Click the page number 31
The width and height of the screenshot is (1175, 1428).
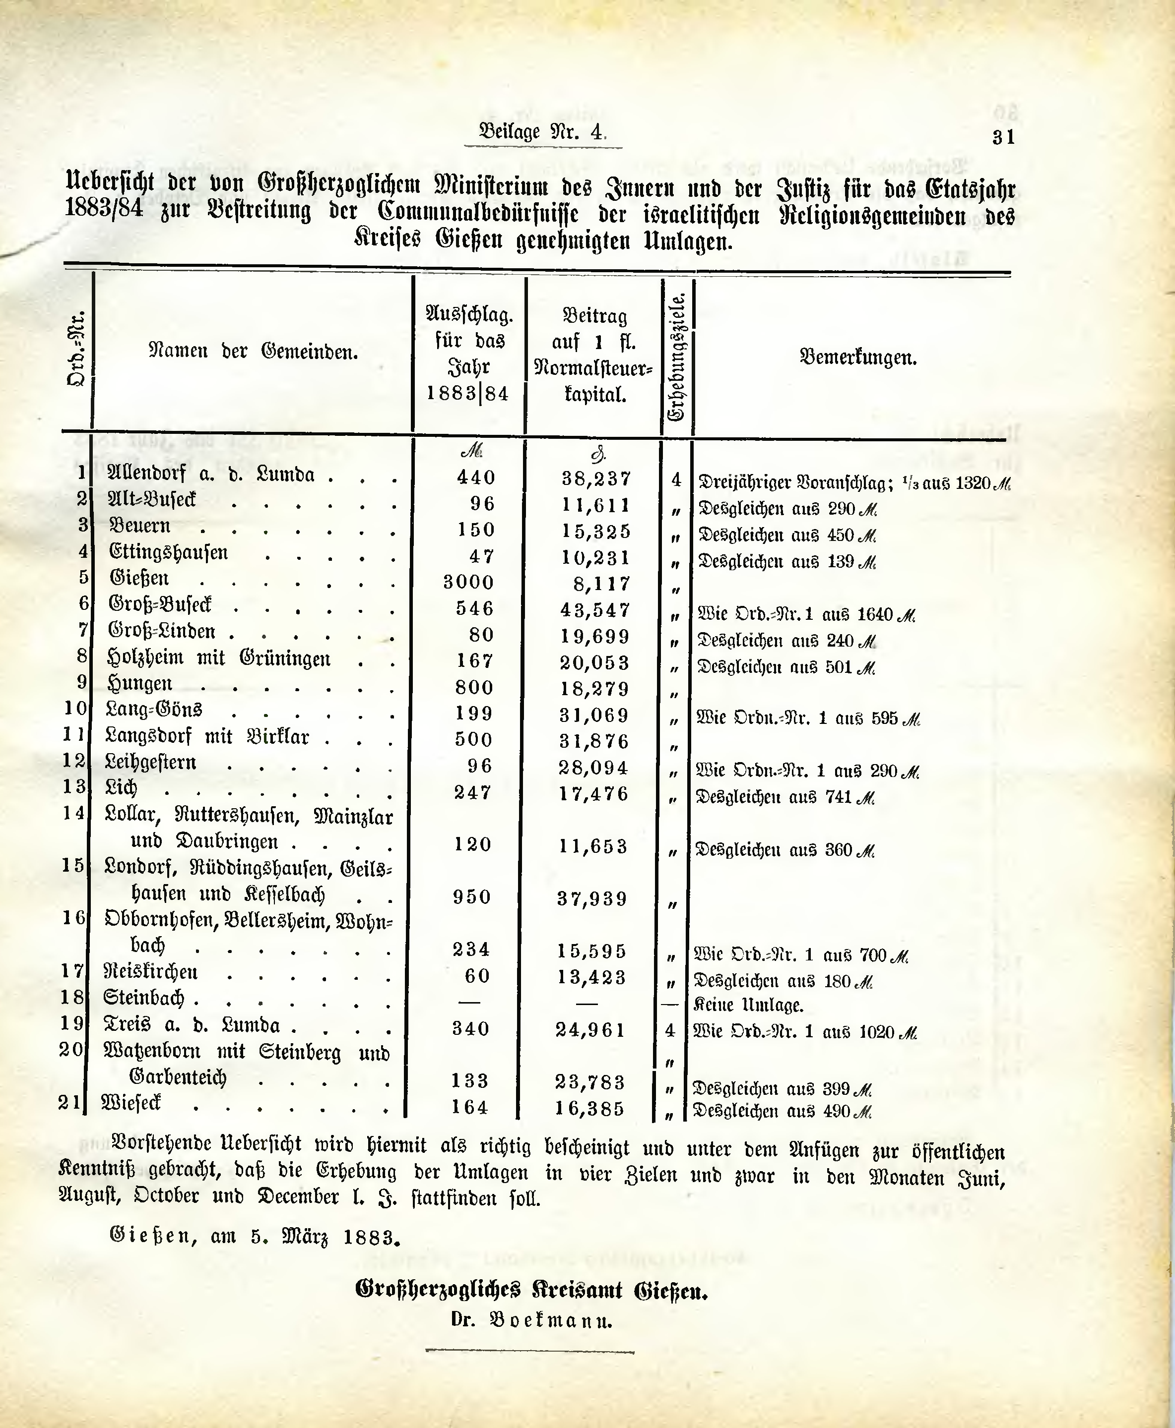coord(1003,137)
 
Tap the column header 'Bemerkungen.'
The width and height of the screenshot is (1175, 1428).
coord(857,357)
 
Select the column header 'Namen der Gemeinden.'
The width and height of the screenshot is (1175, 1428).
coord(253,351)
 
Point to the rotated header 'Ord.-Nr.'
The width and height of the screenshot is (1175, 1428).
coord(76,349)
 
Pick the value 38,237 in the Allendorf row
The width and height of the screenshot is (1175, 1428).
coord(596,478)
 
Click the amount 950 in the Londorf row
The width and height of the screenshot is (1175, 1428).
coord(472,897)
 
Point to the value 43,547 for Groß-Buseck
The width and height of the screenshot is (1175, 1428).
coord(595,609)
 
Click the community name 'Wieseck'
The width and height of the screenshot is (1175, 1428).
coord(131,1103)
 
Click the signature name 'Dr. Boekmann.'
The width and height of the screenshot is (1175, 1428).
coord(531,1339)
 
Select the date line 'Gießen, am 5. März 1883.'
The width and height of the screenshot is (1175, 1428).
coord(255,1237)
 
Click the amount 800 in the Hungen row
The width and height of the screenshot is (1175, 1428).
coord(474,687)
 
